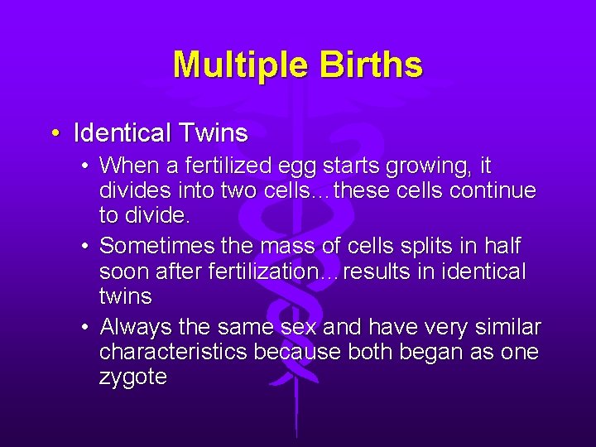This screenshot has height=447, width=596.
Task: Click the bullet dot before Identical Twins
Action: (54, 132)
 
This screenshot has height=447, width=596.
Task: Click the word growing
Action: (425, 167)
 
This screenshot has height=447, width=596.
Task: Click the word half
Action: (502, 246)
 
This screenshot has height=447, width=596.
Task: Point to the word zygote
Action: (132, 378)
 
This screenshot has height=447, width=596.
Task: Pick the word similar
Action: (505, 326)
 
